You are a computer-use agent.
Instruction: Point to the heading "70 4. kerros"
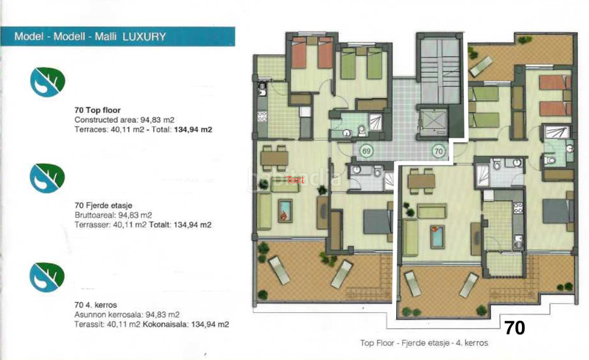(x=97, y=305)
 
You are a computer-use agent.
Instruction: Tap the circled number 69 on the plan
(x=367, y=151)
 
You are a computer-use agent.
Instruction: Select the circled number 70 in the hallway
(x=438, y=152)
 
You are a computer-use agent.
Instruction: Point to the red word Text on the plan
(x=294, y=179)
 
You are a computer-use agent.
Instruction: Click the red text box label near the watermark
(x=294, y=179)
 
